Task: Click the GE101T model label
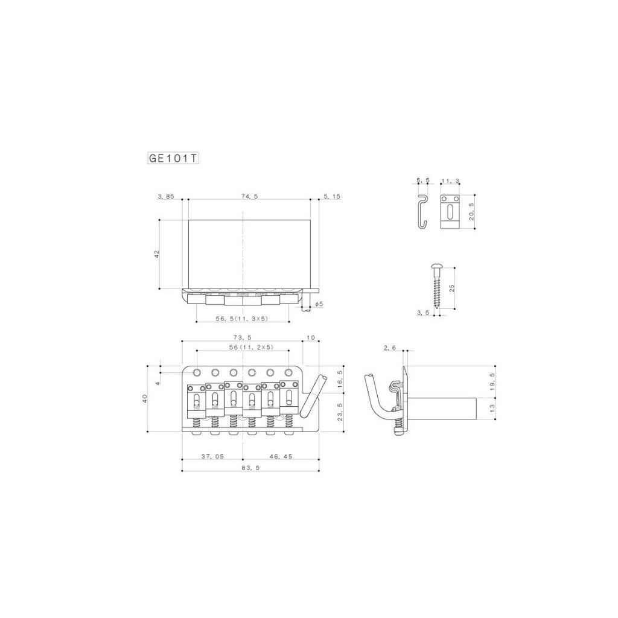[173, 158]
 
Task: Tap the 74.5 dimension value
[250, 196]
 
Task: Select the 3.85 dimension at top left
[166, 196]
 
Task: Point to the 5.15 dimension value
[331, 196]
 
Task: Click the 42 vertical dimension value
[156, 254]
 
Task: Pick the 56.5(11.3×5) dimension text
[241, 319]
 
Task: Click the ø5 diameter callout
[319, 304]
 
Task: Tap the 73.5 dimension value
[243, 337]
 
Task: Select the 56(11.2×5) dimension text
[250, 347]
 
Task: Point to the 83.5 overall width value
[251, 468]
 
